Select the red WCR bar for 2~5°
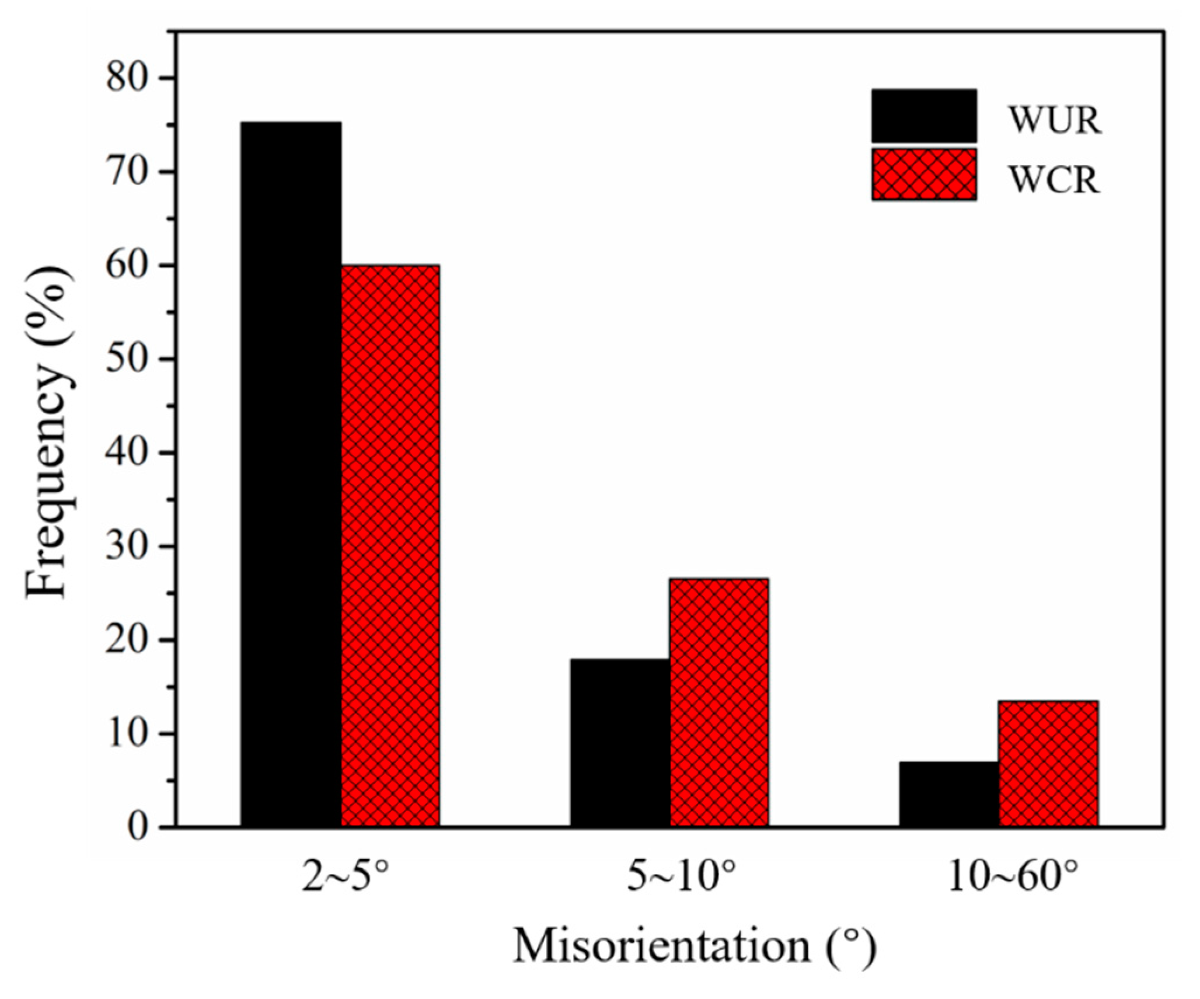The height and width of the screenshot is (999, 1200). coord(390,546)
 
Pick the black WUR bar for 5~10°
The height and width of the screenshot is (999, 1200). coord(620,743)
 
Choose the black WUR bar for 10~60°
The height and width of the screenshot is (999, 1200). coord(948,794)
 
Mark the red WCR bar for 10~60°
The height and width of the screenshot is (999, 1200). coord(1048,764)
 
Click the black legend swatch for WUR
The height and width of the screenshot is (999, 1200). coord(924,116)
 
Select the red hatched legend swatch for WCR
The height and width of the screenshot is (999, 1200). coord(924,175)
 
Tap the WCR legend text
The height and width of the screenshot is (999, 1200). coord(1054,179)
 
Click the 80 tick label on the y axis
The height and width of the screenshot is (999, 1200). coord(127,78)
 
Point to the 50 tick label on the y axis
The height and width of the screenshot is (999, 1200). coord(127,359)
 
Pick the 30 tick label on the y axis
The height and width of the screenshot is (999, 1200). coord(127,547)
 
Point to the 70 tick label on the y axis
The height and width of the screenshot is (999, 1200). coord(127,172)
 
